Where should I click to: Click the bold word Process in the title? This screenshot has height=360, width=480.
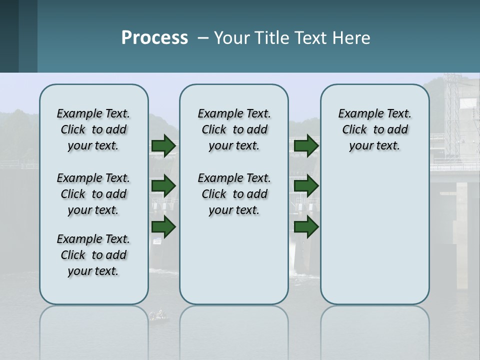154,38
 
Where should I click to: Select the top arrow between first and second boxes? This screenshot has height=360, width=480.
163,145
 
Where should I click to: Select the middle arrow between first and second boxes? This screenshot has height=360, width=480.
163,186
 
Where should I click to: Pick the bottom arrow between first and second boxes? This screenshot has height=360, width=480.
163,227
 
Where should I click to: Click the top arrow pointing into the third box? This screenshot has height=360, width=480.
306,145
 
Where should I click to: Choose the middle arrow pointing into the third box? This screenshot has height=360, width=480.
306,186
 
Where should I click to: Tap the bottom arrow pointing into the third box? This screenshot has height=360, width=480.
306,227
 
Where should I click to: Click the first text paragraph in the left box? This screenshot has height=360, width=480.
93,129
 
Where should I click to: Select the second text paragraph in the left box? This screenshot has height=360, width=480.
93,194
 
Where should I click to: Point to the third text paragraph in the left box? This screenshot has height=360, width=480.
93,255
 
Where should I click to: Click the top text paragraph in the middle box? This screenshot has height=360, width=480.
234,129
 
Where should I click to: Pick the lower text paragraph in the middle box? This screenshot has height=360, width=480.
234,194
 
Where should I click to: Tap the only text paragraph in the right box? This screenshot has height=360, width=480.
374,129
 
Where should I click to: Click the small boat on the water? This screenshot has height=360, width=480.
158,315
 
